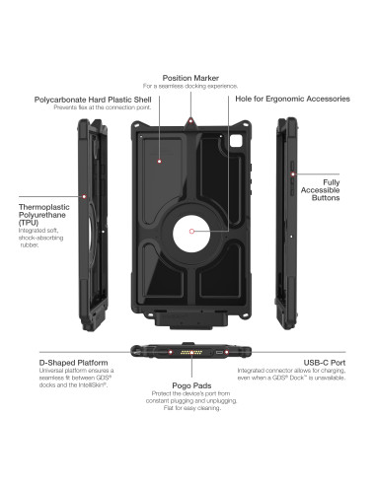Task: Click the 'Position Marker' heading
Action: click(x=187, y=76)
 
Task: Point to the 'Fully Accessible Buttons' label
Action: click(x=330, y=190)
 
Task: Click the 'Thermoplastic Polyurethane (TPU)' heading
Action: click(x=42, y=216)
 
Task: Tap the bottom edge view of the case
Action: click(x=187, y=352)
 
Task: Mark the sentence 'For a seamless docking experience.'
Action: click(x=187, y=86)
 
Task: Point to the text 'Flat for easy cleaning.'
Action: click(x=187, y=415)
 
